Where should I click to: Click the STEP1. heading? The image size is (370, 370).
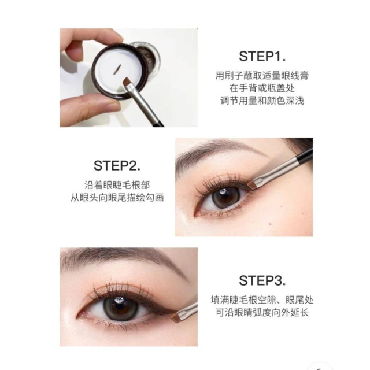click(x=262, y=57)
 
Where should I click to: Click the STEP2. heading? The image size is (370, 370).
click(x=117, y=166)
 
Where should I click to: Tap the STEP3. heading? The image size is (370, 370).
click(x=262, y=281)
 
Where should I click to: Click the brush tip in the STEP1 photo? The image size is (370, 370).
click(x=128, y=82)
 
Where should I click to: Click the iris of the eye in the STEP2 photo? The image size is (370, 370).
click(x=223, y=198)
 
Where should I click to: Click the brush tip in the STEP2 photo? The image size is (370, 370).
click(x=252, y=185)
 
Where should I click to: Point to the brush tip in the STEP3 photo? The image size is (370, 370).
click(x=176, y=317)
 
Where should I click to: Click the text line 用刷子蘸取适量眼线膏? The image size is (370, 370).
click(x=262, y=76)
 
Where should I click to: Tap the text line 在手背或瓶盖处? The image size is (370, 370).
click(x=262, y=88)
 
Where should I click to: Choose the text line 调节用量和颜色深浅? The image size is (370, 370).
click(x=262, y=101)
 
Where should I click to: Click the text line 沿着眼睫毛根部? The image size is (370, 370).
click(x=117, y=185)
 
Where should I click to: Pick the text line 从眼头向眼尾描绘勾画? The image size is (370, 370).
click(x=117, y=198)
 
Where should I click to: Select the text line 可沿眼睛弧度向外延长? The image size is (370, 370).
click(x=262, y=313)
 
